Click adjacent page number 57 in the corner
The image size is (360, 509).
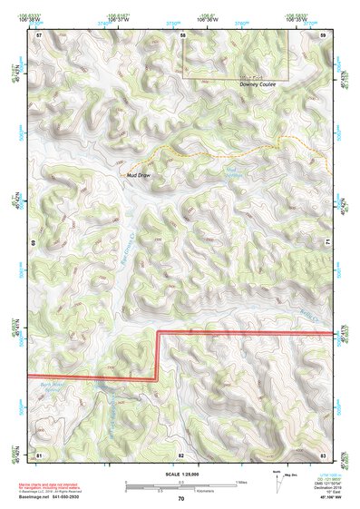tap(39, 34)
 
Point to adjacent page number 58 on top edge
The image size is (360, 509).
tap(182, 34)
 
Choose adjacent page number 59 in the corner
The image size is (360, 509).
tap(324, 34)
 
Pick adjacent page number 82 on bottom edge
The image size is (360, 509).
tap(181, 454)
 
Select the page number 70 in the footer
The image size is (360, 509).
tap(181, 497)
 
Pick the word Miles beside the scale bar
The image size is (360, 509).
tap(240, 481)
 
